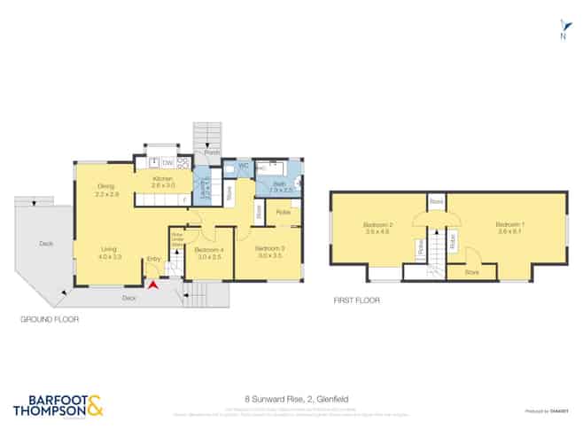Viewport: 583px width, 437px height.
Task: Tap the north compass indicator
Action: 561,32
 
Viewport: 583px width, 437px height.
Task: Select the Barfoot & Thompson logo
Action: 58,406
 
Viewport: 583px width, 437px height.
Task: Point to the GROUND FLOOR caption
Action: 49,316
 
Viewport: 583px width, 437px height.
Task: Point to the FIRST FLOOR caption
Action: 357,300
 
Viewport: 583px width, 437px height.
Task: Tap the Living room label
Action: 110,253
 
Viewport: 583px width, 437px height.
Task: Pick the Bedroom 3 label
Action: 268,252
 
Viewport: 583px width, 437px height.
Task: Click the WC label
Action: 242,165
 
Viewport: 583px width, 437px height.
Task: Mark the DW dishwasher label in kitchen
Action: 167,162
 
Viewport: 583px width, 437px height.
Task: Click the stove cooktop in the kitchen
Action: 183,163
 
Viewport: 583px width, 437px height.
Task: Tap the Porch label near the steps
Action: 212,153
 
